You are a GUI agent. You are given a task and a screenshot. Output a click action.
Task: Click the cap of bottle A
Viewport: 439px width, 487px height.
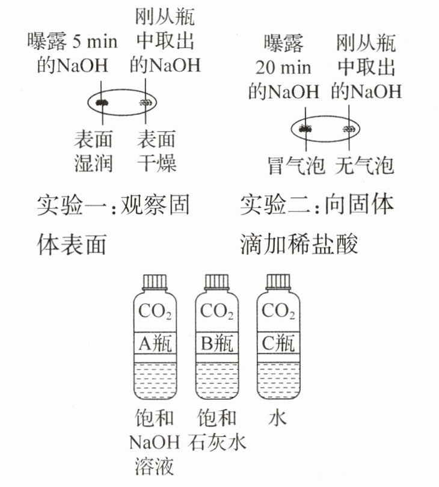(155, 281)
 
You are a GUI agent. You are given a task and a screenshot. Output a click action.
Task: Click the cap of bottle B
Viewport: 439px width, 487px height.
(217, 281)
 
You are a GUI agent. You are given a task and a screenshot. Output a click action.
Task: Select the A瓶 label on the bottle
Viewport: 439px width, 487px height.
(155, 343)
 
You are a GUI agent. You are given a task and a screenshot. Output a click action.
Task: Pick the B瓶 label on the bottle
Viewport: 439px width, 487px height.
(217, 343)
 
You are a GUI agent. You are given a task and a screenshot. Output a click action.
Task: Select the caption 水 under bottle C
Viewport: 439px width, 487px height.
(277, 418)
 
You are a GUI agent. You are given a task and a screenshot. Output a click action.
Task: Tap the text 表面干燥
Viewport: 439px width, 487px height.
(156, 151)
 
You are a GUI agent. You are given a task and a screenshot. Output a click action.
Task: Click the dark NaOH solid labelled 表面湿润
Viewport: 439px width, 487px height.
(103, 102)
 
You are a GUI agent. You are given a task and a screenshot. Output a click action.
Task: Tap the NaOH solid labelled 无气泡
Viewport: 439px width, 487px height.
(349, 128)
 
